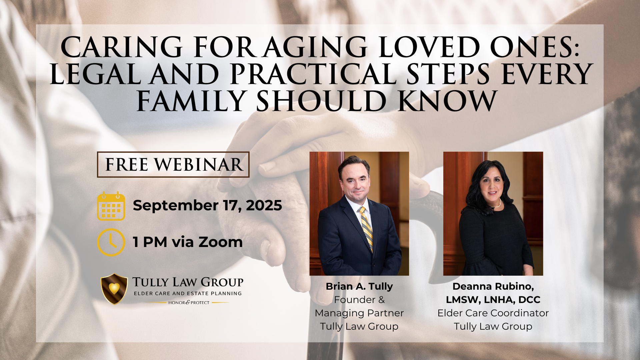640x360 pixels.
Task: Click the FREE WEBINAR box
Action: click(173, 164)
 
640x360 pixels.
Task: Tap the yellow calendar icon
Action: click(111, 206)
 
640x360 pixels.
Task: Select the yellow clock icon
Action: click(111, 242)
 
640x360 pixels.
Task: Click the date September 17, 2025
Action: click(207, 205)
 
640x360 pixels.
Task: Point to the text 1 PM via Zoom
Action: click(188, 242)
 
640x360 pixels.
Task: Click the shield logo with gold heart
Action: click(114, 289)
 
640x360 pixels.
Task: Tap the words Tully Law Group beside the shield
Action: click(188, 282)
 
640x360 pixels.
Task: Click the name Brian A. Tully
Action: click(359, 286)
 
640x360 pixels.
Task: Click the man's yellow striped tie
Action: click(366, 229)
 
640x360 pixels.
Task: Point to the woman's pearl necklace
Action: click(498, 204)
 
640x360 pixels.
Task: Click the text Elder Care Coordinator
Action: click(493, 313)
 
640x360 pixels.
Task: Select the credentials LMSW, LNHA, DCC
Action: click(493, 300)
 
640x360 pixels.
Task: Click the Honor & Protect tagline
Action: click(189, 303)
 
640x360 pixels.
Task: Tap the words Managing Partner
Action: click(359, 313)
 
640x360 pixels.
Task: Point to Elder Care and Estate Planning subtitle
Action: click(188, 294)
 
